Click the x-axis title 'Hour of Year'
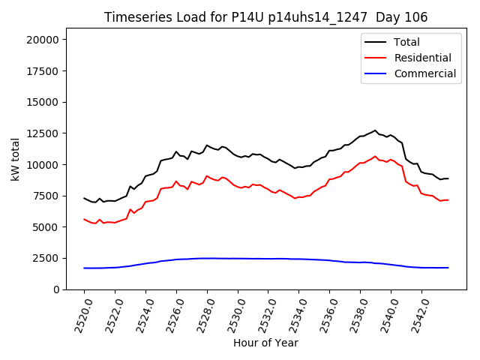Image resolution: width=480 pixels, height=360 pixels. point(265,343)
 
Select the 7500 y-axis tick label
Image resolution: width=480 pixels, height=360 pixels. point(52,196)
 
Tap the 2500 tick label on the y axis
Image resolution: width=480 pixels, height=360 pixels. point(52,258)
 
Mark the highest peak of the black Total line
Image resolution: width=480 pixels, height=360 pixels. point(376,130)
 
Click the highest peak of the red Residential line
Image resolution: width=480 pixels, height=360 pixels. point(376,156)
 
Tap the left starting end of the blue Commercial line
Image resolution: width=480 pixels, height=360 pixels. point(84,268)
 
